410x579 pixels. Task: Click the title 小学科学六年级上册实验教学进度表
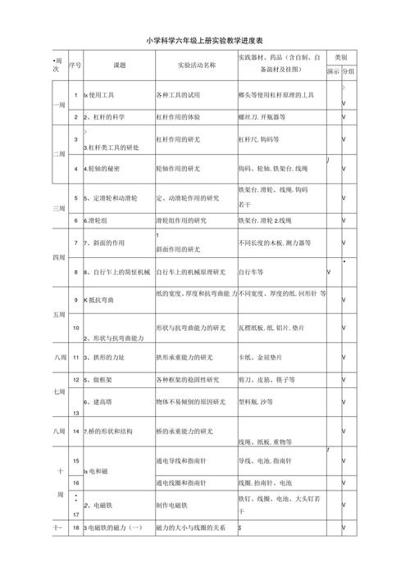pos(205,40)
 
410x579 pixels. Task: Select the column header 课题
pos(121,64)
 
